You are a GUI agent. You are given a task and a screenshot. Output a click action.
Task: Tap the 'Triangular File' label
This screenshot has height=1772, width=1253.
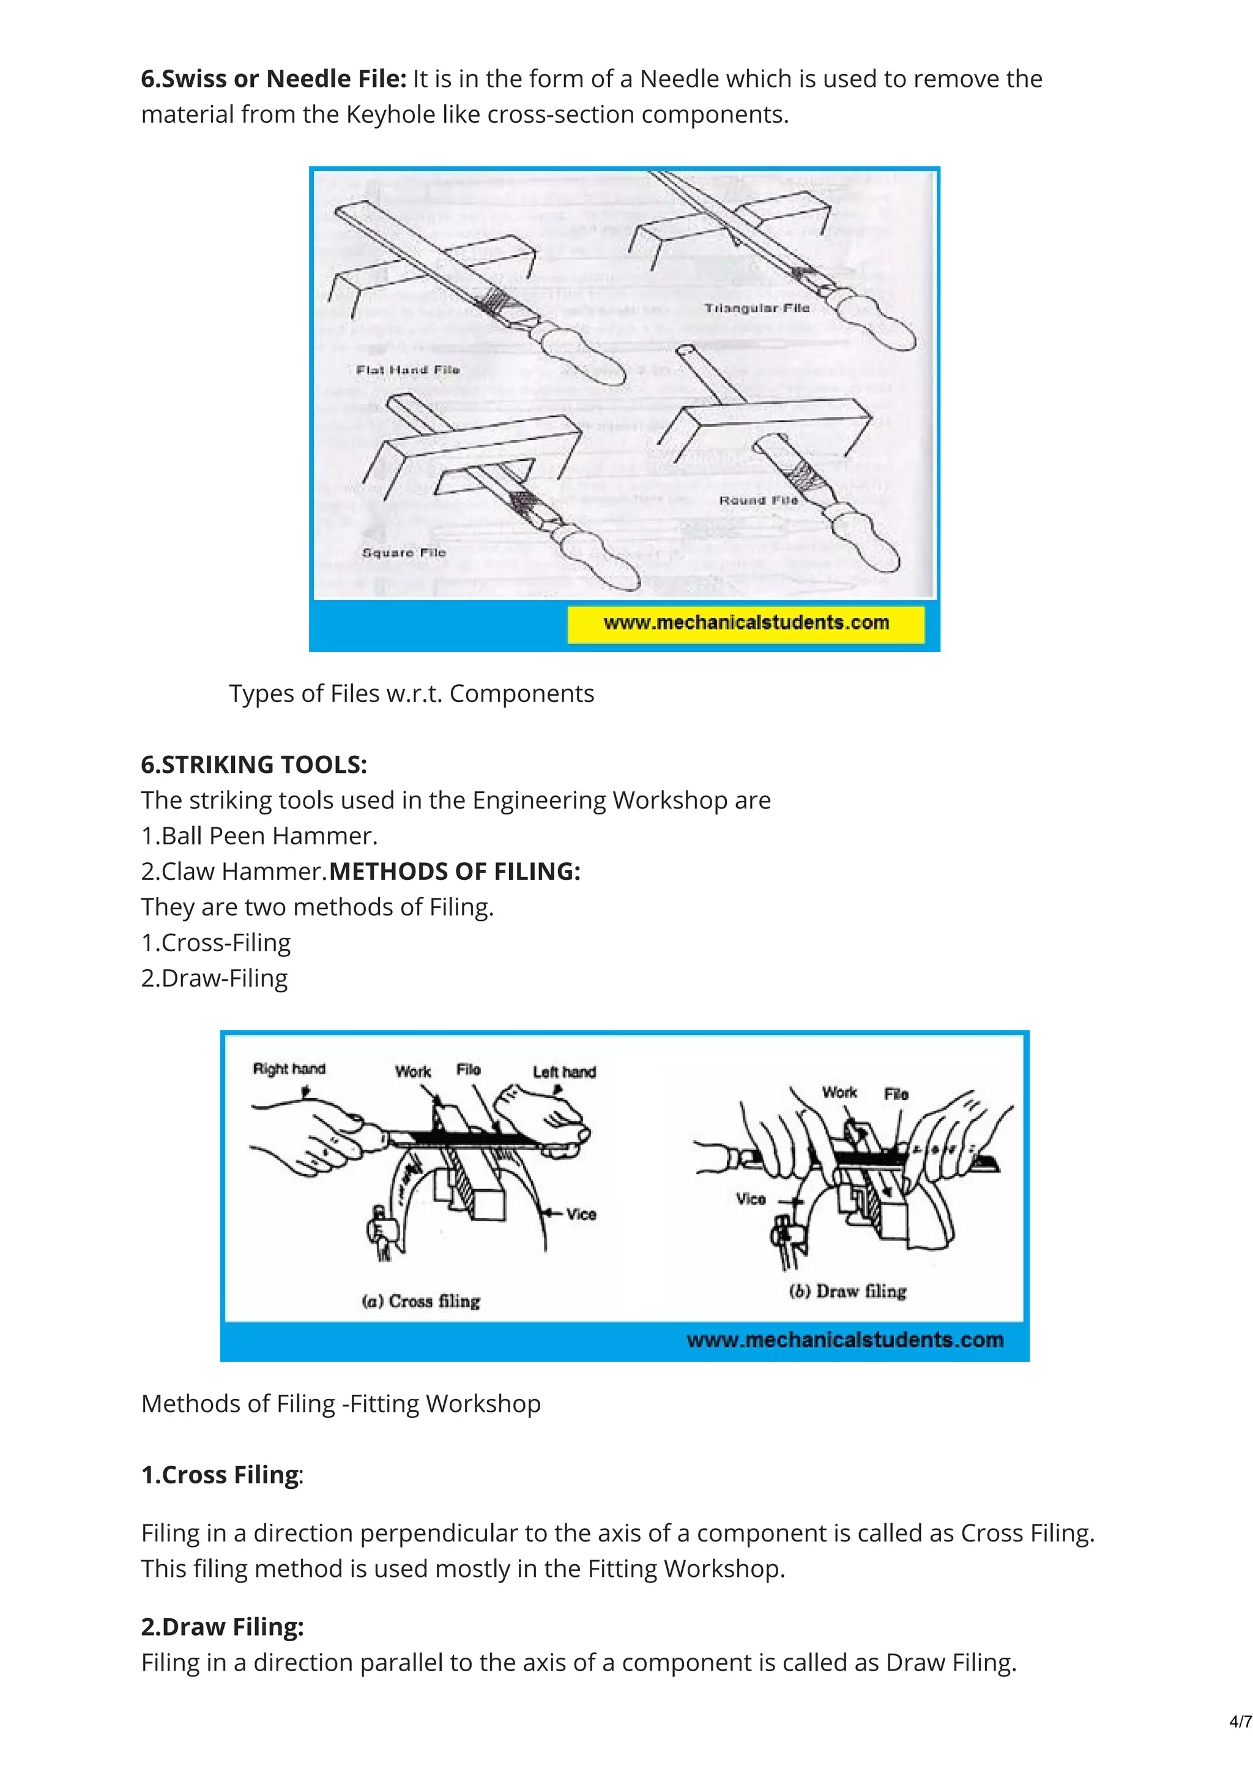coord(757,308)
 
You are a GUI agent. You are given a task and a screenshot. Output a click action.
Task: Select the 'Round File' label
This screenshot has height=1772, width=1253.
coord(758,500)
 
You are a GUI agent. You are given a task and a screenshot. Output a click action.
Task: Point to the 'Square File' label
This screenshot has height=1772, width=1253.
coord(404,553)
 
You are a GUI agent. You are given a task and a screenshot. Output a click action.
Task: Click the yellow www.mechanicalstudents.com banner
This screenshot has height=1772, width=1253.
coord(746,624)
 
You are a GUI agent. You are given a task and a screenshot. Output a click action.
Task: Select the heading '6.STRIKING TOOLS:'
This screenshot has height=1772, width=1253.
coord(254,764)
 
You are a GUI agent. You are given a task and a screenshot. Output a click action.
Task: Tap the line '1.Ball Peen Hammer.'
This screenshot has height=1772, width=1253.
coord(259,836)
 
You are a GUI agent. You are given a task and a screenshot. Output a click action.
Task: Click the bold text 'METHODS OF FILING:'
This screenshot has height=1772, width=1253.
coord(455,871)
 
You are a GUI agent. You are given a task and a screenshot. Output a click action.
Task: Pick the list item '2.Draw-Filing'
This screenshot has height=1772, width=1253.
coord(215,978)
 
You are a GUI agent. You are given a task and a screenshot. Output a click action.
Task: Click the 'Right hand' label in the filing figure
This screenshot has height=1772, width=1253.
coord(289,1069)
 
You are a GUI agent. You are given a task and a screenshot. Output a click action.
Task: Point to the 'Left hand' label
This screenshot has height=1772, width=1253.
coord(564,1072)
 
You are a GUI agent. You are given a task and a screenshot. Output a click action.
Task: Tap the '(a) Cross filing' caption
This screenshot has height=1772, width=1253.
coord(422,1301)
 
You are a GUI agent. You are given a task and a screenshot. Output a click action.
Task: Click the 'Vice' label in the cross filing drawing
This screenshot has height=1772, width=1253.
coord(581,1214)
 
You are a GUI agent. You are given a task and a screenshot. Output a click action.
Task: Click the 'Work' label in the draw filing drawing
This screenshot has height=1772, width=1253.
coord(839,1092)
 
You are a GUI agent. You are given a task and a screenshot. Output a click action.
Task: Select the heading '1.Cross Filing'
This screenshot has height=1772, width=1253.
coord(220,1474)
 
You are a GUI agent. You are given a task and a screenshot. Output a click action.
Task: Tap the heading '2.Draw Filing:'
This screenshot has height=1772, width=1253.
coord(222,1626)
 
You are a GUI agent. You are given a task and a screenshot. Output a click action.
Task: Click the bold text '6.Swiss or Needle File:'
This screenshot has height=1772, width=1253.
coord(273,79)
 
